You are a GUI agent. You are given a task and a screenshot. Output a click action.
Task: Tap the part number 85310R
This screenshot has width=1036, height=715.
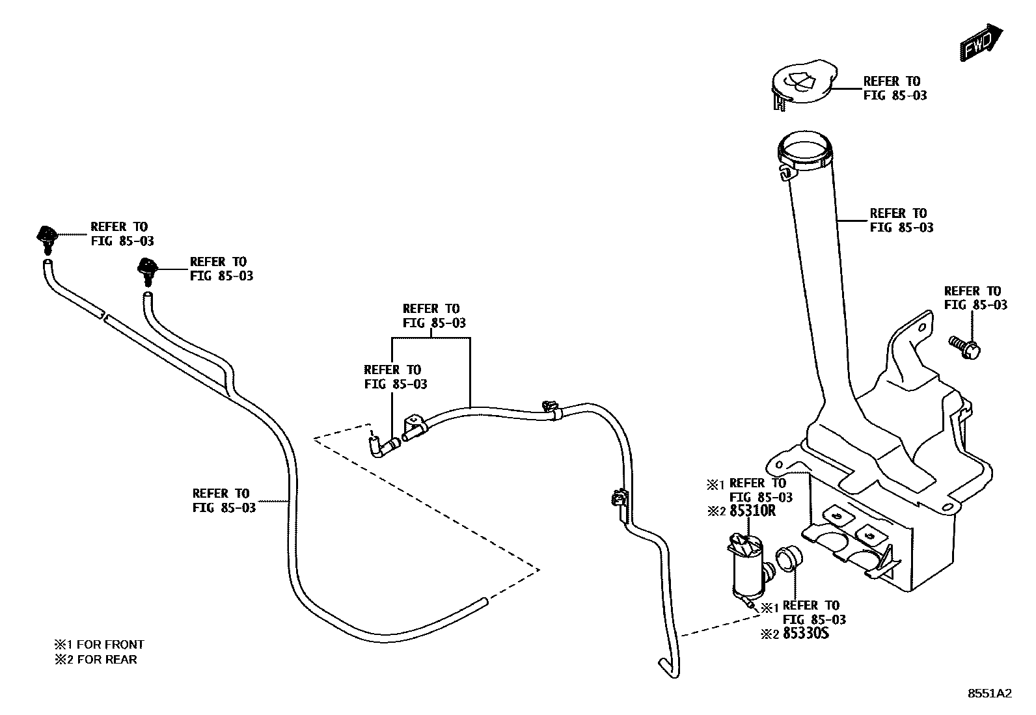(752, 511)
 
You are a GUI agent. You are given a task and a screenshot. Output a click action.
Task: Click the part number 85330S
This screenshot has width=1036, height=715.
(806, 633)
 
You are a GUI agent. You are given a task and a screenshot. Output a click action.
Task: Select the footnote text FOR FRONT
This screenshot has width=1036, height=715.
(110, 645)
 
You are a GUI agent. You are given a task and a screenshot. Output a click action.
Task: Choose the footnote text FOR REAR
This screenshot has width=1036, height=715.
(107, 659)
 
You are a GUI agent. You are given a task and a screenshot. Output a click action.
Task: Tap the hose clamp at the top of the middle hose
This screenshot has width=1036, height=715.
(550, 409)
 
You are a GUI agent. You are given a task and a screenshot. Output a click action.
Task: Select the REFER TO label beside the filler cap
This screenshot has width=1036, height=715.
(894, 88)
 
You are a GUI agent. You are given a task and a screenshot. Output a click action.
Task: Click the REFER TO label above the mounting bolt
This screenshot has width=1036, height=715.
(975, 298)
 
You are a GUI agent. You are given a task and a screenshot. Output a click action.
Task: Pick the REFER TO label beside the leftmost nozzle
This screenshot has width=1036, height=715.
(122, 234)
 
